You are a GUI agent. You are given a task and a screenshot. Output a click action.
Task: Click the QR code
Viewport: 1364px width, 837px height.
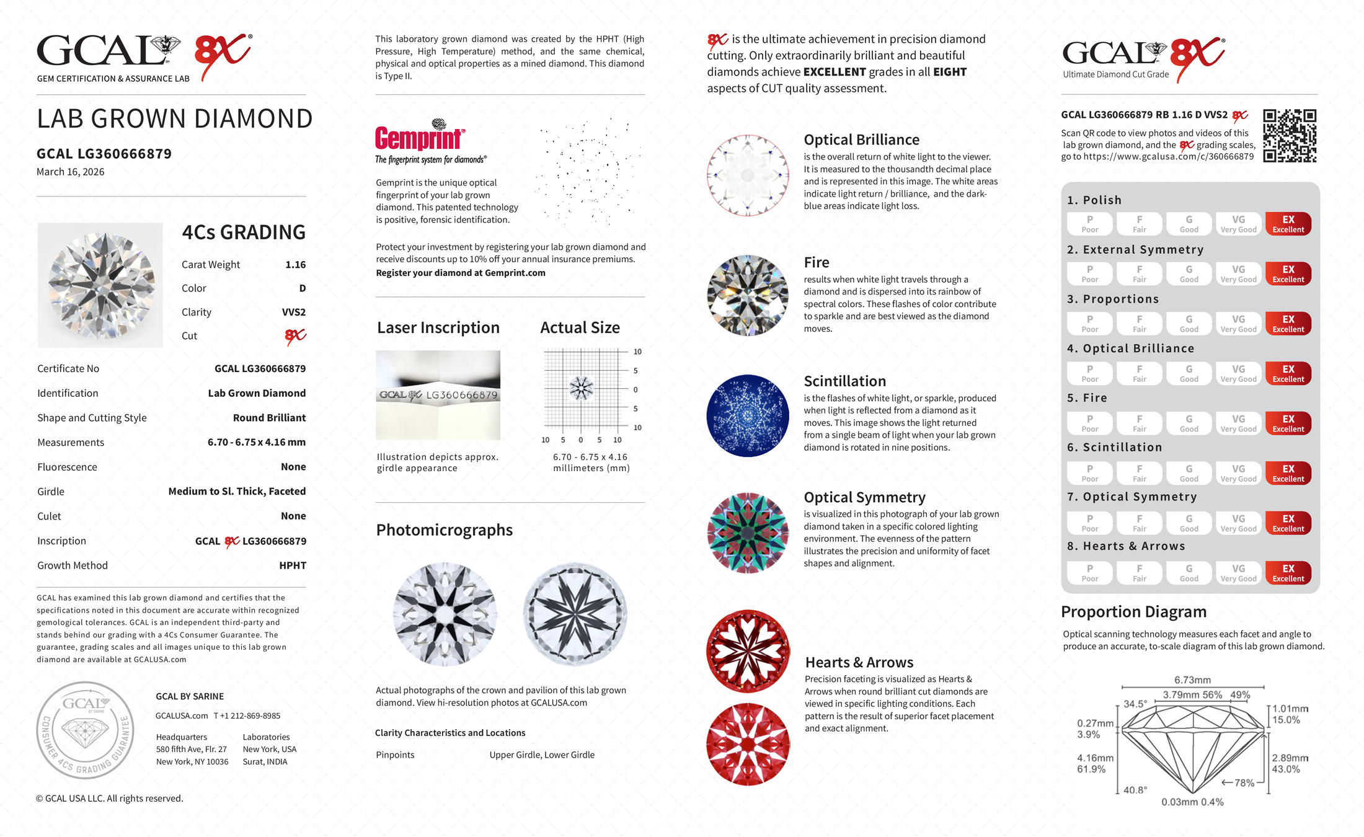coord(1290,136)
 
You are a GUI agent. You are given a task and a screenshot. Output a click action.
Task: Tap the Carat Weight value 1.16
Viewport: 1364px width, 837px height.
coord(295,265)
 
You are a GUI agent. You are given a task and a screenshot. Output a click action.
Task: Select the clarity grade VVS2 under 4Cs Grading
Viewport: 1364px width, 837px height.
coord(294,312)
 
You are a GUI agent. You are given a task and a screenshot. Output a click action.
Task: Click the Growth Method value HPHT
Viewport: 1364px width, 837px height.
coord(293,565)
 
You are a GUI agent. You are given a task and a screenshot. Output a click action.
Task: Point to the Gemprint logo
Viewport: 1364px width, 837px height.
coord(420,138)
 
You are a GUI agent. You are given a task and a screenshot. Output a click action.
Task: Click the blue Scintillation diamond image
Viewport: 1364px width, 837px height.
coord(748,415)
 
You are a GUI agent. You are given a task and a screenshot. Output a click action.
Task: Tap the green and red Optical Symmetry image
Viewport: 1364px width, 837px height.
coord(748,533)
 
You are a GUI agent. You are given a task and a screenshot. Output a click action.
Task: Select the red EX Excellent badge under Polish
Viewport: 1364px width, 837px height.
coord(1288,224)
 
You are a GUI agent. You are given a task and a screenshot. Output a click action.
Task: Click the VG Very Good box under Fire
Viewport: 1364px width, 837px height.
coord(1238,423)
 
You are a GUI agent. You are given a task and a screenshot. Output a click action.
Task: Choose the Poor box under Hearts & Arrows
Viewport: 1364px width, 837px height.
coord(1089,573)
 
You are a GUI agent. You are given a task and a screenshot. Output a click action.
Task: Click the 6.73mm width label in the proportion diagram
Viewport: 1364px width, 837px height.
coord(1192,680)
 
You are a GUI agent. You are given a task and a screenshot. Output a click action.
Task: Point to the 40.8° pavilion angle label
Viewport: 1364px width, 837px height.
coord(1135,790)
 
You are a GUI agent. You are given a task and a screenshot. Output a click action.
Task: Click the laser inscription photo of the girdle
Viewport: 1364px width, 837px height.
coord(438,395)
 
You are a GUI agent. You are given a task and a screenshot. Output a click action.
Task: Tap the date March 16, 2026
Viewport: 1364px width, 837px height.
coord(71,172)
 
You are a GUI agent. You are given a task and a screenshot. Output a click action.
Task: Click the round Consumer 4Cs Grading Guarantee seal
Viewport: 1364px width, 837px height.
coord(85,730)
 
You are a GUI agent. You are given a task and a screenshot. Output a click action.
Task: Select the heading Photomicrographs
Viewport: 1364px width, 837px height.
coord(444,530)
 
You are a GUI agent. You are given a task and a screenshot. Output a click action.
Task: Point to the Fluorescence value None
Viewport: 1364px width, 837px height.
coord(293,467)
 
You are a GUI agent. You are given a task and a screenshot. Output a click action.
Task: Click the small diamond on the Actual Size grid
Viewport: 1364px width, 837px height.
coord(581,389)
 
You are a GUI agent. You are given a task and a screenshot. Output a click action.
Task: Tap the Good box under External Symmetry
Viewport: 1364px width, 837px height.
coord(1189,274)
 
